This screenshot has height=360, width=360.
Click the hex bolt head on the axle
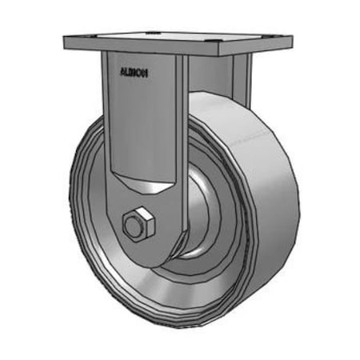click(136, 225)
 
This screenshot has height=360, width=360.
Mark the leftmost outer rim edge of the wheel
click(70, 208)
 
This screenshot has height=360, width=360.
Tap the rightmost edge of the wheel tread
click(298, 200)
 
